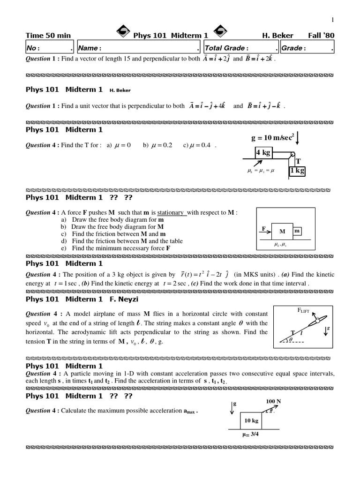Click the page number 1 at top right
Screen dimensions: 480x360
click(332, 19)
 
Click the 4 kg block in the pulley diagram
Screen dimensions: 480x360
click(264, 153)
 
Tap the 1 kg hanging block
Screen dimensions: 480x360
click(297, 171)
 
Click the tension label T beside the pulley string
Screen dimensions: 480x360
click(298, 161)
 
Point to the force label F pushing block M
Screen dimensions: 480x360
click(264, 229)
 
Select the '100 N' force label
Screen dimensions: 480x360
click(273, 402)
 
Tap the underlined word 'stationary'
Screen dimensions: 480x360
click(171, 212)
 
